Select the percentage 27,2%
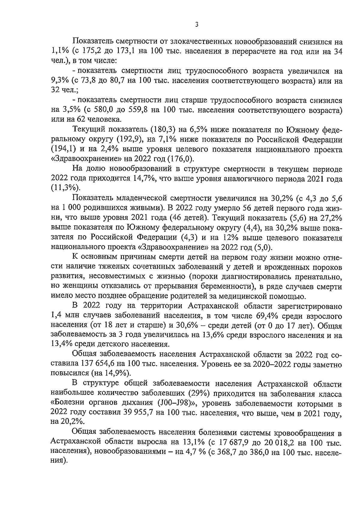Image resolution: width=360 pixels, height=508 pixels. coord(327,218)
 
